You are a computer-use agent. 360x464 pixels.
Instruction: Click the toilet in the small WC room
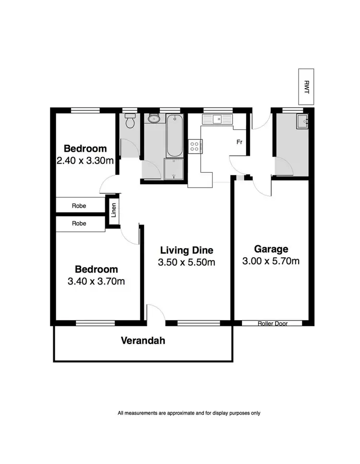[x=129, y=122]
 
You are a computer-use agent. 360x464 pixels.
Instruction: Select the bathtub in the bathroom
[x=174, y=136]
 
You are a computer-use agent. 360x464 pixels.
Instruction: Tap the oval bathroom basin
[x=153, y=119]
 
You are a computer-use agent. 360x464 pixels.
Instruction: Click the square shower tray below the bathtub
[x=174, y=169]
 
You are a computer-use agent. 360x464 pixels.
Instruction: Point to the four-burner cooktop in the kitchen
[x=196, y=146]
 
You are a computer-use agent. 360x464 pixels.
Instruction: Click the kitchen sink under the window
[x=217, y=119]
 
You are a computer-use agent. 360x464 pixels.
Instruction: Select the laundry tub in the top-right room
[x=302, y=121]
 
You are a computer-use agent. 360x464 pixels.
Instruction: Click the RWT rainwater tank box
[x=305, y=87]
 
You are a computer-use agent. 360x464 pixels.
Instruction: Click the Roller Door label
[x=272, y=324]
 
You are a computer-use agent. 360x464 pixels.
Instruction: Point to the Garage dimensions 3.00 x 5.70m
[x=271, y=261]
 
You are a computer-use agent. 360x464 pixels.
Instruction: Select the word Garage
[x=271, y=249]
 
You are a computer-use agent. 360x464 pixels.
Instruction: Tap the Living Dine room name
[x=186, y=250]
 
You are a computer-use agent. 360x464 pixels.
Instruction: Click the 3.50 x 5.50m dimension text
[x=186, y=262]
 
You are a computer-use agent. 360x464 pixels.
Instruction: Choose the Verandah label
[x=143, y=341]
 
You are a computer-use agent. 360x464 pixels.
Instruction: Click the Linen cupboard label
[x=114, y=211]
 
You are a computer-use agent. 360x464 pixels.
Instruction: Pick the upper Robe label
[x=79, y=206]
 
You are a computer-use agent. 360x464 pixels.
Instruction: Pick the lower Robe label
[x=79, y=223]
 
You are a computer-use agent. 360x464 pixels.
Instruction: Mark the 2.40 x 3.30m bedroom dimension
[x=85, y=161]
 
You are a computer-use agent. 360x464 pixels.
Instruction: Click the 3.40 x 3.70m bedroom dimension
[x=96, y=282]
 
